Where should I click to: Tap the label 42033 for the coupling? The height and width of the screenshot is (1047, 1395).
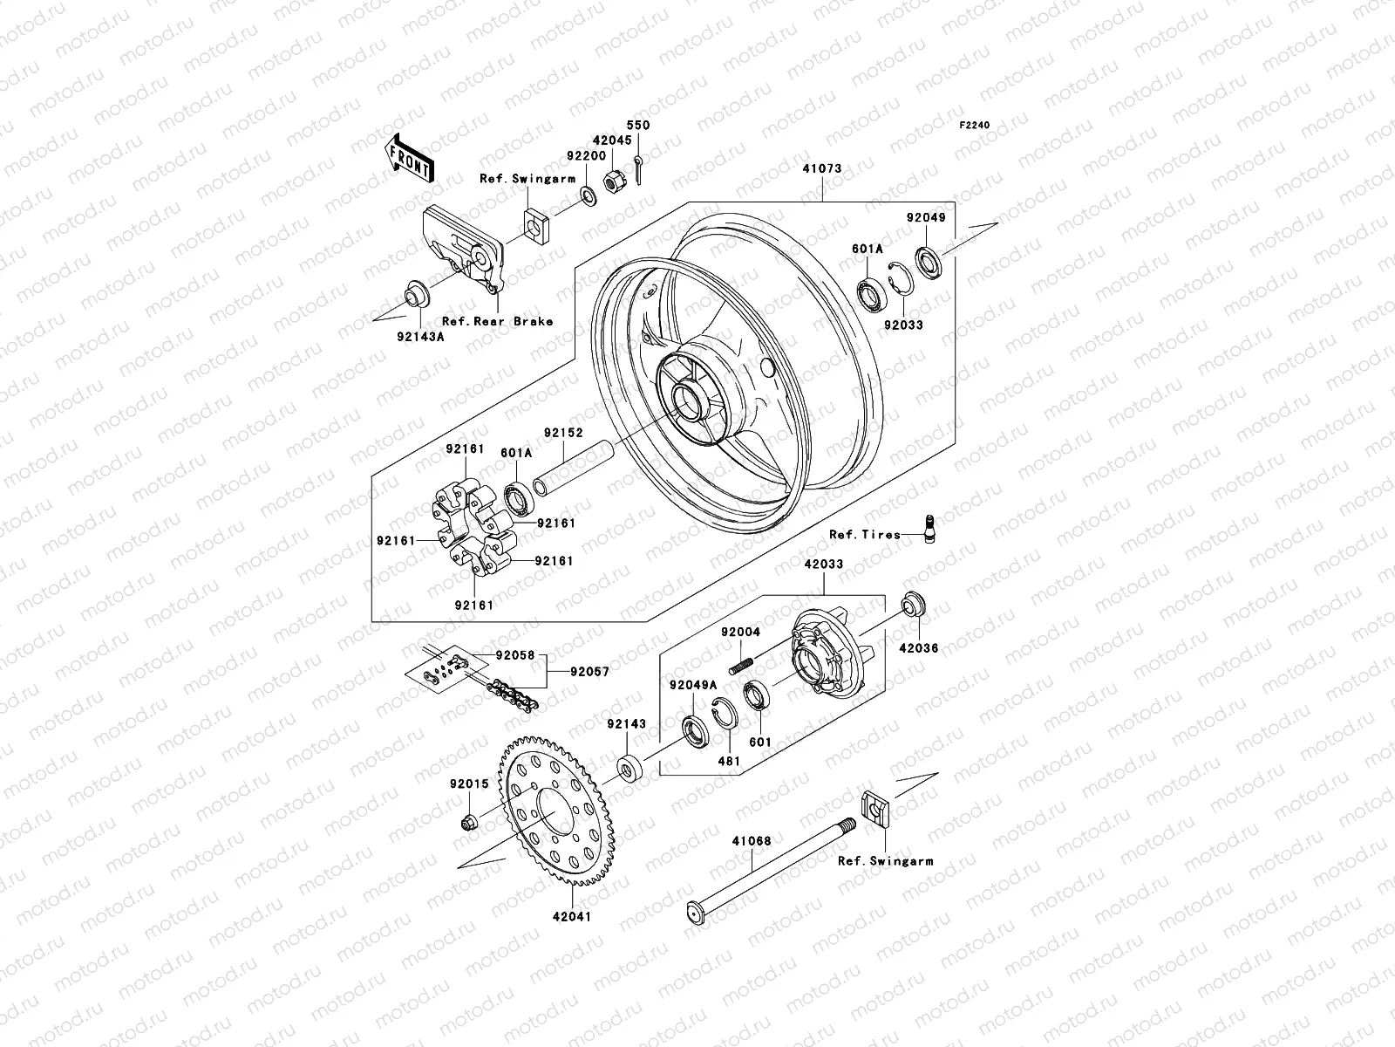[x=823, y=565]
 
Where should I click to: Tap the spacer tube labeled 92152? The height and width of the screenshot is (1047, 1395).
[x=575, y=469]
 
